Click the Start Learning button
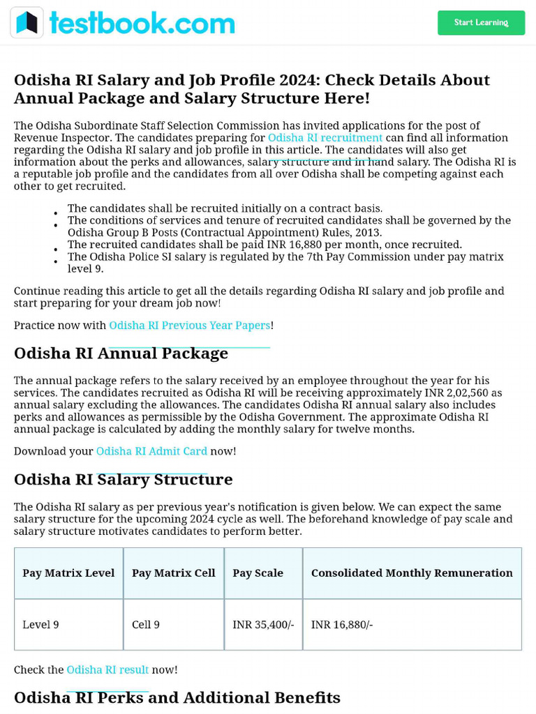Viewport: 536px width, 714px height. click(481, 23)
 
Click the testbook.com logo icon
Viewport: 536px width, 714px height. click(27, 23)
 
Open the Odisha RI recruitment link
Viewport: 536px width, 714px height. click(325, 138)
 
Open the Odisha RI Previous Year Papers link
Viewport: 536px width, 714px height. click(189, 326)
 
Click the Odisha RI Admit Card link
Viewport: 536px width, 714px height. click(151, 451)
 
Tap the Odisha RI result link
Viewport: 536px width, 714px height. click(107, 669)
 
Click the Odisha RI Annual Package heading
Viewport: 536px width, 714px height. click(121, 354)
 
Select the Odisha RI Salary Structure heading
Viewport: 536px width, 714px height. click(123, 480)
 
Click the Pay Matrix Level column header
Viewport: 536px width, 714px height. click(68, 573)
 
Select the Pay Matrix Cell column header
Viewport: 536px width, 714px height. click(173, 573)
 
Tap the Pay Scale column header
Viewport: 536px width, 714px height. click(258, 573)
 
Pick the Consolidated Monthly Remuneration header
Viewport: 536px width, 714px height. click(412, 573)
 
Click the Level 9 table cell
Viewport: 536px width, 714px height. click(40, 625)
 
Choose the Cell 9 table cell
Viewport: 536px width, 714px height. click(146, 625)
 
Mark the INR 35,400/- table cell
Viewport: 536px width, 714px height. click(263, 625)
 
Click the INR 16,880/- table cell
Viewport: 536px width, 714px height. click(342, 625)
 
